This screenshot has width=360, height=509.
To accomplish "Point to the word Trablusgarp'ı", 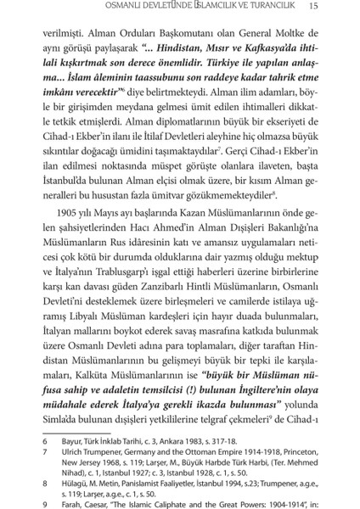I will pyautogui.click(x=145, y=281).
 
